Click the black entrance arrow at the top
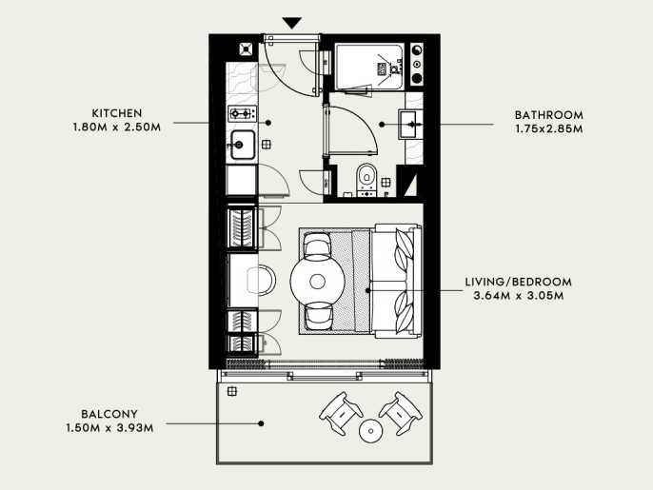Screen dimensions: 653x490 tap(292, 23)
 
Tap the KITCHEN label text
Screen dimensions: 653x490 tap(117, 113)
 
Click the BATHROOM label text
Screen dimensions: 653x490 tap(549, 115)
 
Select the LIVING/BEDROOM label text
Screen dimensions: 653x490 tap(519, 282)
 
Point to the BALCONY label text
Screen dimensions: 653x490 tap(109, 414)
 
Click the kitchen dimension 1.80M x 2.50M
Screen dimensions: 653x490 tap(117, 127)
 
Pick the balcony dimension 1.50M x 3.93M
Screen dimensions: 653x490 tap(110, 428)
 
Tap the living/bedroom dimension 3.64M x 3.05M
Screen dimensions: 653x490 tap(519, 296)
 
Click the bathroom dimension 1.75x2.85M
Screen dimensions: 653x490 tap(549, 129)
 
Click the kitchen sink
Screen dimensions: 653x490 tap(243, 145)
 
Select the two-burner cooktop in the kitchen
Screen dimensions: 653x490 tap(242, 113)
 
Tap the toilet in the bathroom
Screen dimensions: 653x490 tap(366, 180)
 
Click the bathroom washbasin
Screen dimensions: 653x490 tap(410, 124)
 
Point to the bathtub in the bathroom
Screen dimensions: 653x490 tap(369, 67)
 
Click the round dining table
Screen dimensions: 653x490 tap(317, 282)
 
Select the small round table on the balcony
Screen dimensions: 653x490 tap(370, 431)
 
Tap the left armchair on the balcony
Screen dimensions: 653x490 tap(341, 413)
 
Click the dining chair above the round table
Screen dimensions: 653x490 tap(317, 245)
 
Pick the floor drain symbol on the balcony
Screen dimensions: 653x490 tap(232, 391)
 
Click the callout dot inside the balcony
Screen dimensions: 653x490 tap(261, 423)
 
